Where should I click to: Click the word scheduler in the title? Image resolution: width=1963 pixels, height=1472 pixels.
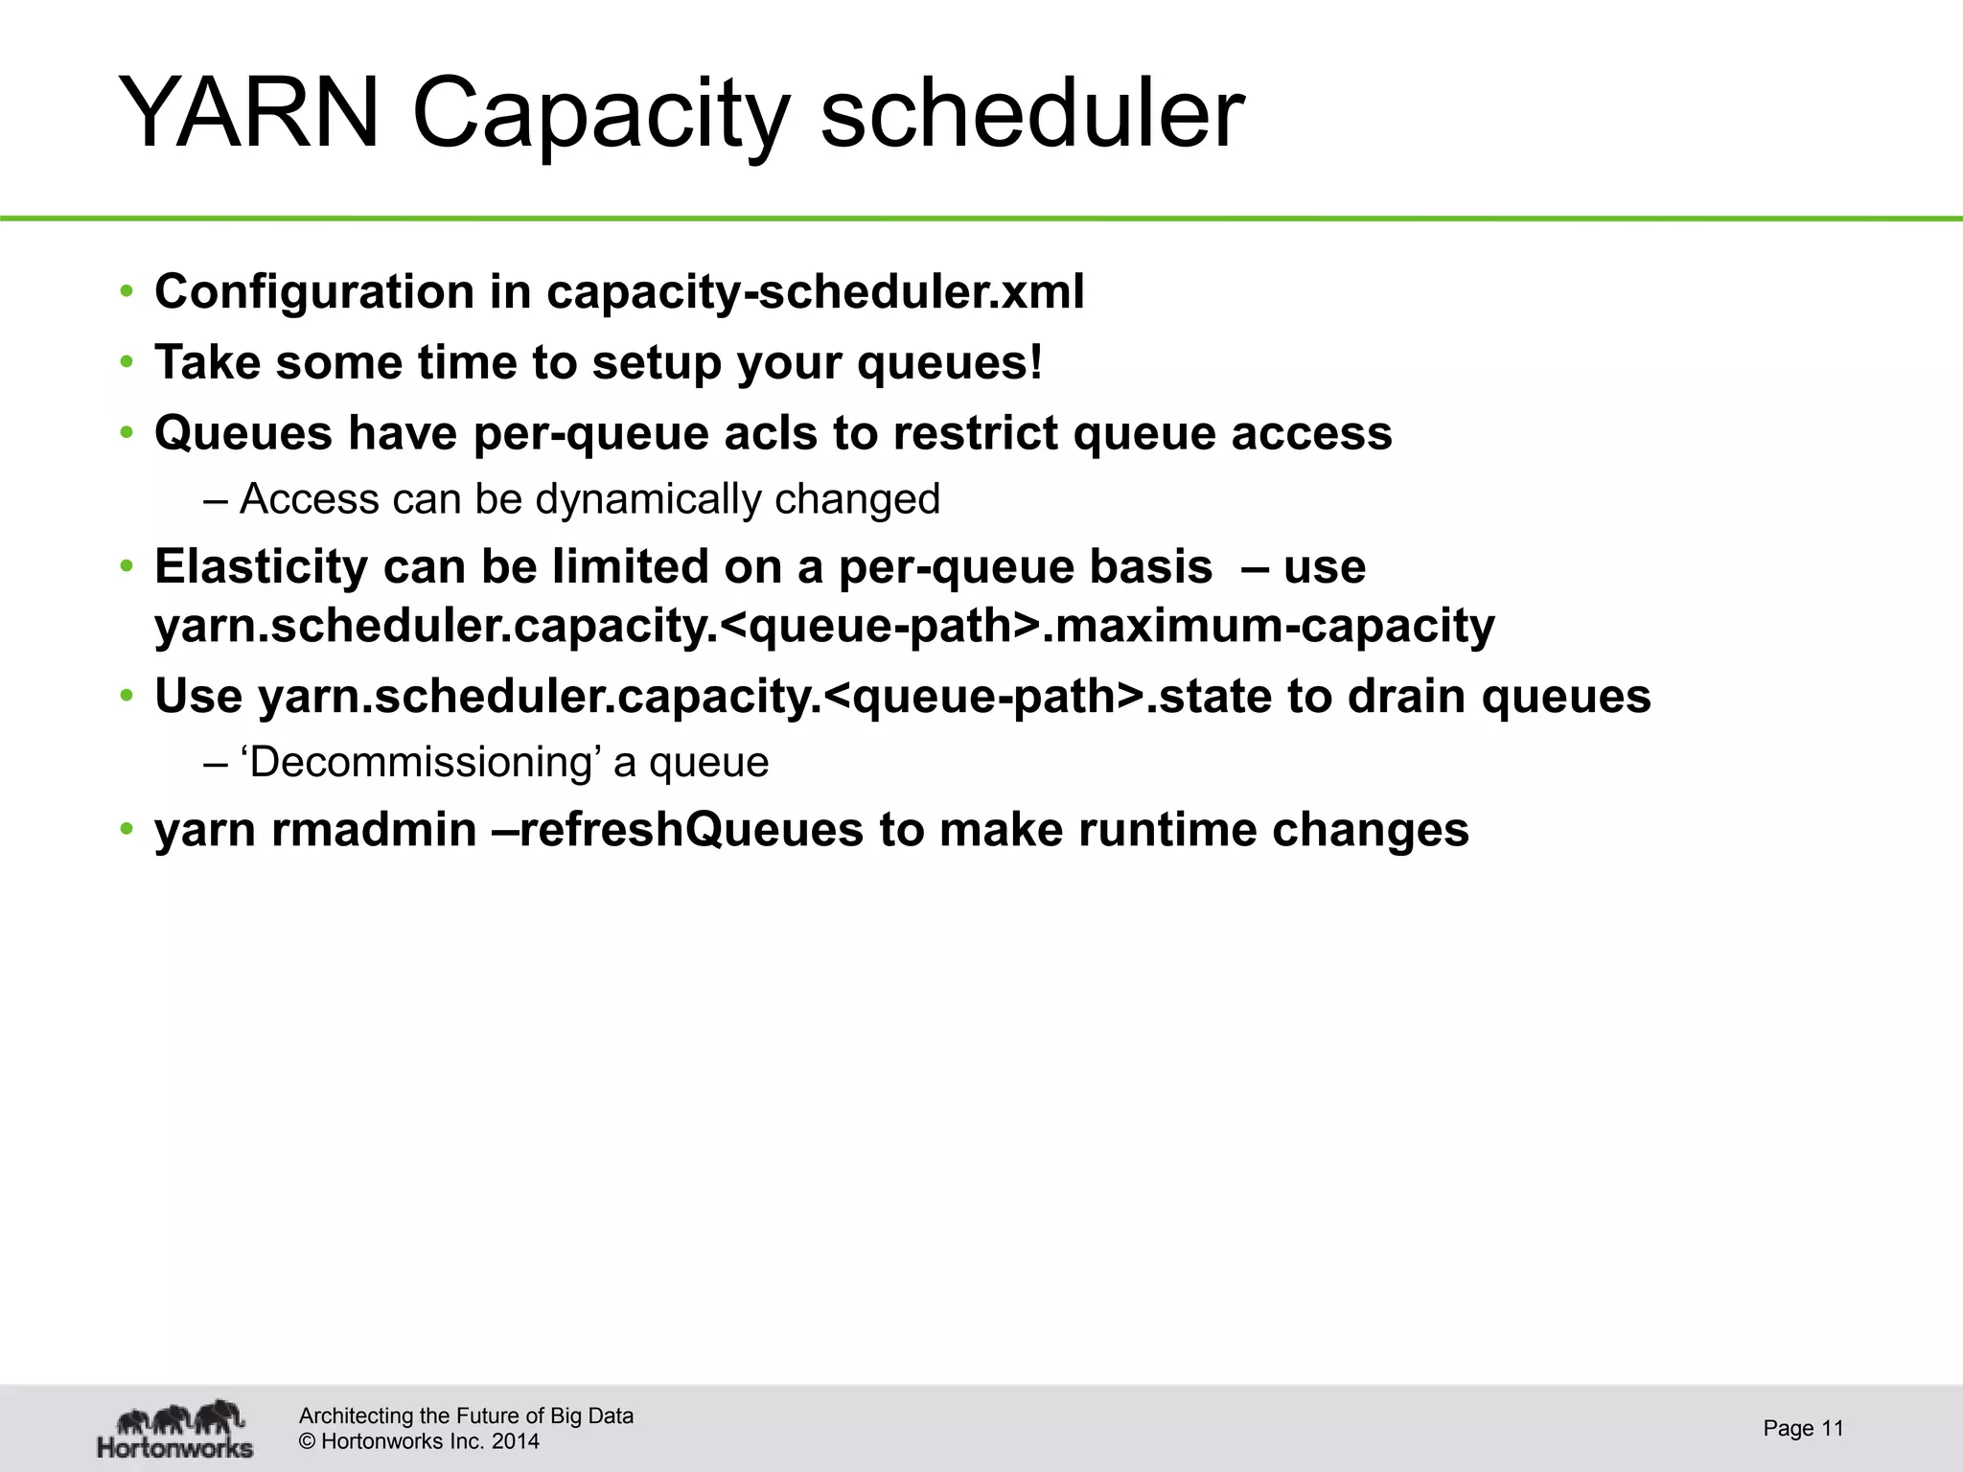(1032, 113)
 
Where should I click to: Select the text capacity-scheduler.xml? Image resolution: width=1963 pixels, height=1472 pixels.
(815, 291)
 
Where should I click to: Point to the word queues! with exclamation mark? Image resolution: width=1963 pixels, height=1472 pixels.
(949, 363)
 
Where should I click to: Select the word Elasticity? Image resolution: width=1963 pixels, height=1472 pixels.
(261, 566)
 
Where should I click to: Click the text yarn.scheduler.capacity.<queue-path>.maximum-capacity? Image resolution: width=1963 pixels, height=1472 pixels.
(824, 626)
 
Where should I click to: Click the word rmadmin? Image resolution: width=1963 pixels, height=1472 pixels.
(374, 830)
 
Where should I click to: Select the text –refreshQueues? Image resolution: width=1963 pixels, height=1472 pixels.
(690, 830)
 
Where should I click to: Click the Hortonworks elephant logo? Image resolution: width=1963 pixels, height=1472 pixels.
(175, 1429)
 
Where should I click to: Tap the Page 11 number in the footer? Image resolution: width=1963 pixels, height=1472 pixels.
(1803, 1429)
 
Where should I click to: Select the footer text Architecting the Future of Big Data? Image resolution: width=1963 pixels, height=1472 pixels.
(466, 1415)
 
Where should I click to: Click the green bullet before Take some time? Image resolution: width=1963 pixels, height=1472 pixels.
(127, 363)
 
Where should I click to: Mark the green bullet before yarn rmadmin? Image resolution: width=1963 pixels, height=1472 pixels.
(127, 830)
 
